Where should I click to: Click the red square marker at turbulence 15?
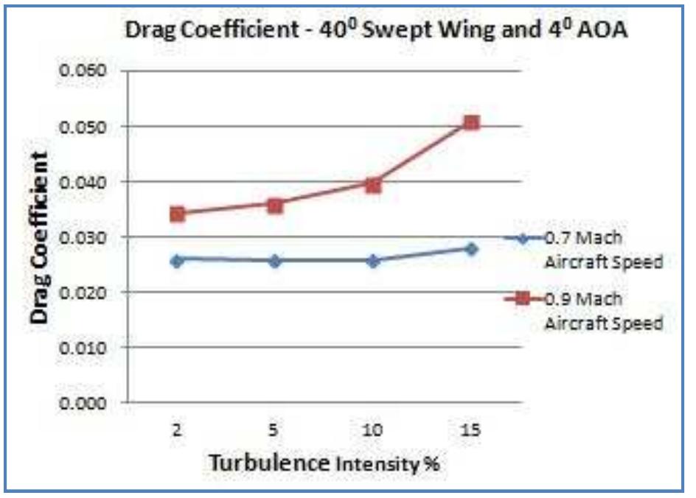tap(472, 122)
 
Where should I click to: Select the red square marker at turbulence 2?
tap(177, 214)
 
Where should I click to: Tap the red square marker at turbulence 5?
tap(275, 206)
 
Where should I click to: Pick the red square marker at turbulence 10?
tap(373, 185)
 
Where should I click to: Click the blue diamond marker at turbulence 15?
tap(472, 249)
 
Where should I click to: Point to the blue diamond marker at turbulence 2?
tap(177, 260)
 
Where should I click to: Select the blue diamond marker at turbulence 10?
tap(373, 260)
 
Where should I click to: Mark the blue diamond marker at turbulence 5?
tap(275, 260)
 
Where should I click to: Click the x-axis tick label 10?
tap(373, 431)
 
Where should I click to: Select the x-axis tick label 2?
tap(177, 431)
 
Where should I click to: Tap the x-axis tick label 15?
tap(472, 431)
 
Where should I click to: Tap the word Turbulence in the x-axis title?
tap(268, 463)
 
